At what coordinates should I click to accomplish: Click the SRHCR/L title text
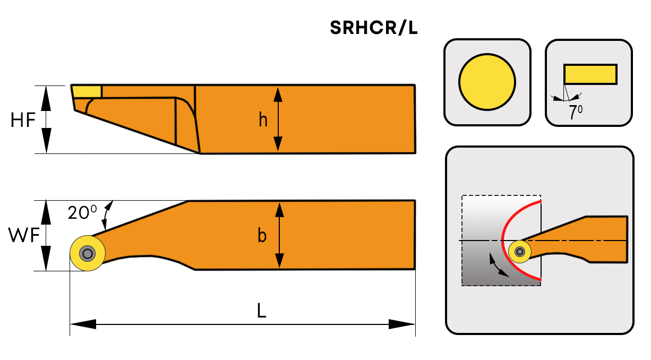(x=374, y=28)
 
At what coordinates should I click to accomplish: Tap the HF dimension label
(x=23, y=120)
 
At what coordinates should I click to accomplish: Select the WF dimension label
(x=23, y=235)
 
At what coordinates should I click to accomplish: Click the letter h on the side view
(x=263, y=119)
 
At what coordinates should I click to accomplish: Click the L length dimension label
(x=262, y=310)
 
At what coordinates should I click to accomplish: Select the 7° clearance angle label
(x=576, y=112)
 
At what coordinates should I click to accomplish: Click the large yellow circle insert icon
(x=487, y=82)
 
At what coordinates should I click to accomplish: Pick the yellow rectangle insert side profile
(x=590, y=74)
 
